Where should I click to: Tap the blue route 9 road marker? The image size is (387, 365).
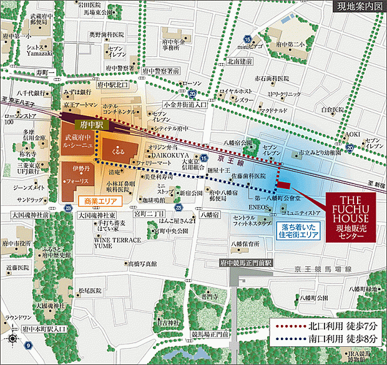pos(27,344)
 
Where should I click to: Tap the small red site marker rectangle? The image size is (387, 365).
pos(283,185)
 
